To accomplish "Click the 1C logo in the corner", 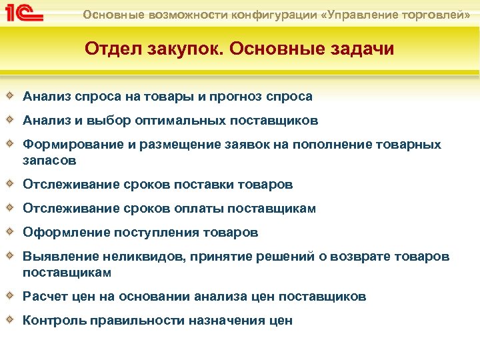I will tap(23, 15).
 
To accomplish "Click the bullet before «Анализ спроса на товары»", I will tap(11, 96).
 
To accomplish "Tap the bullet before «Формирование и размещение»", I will tap(11, 144).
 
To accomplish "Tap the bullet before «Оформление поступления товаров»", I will tap(11, 232).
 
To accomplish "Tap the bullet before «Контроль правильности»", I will tap(11, 320).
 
